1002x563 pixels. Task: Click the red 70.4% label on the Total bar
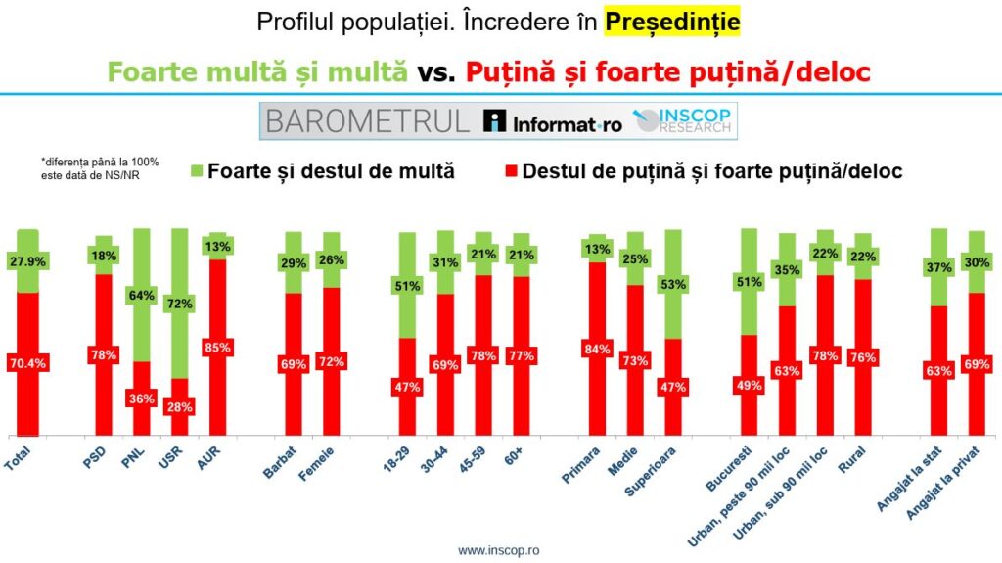pos(27,363)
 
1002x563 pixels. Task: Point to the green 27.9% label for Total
pos(27,261)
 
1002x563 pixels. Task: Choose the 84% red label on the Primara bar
pos(597,348)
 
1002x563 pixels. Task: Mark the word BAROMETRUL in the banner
pos(367,121)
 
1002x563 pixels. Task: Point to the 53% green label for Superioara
pos(673,284)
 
